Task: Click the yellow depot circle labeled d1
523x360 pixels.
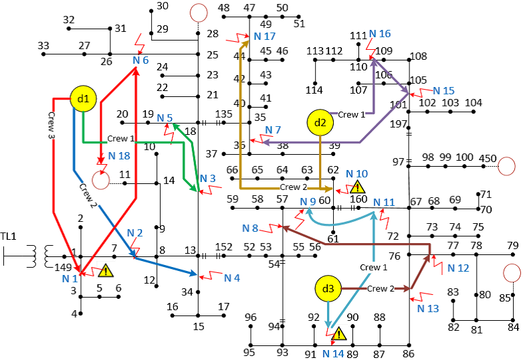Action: coord(83,99)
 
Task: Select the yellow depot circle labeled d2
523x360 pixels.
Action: coord(320,122)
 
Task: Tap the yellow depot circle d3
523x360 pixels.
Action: coord(328,289)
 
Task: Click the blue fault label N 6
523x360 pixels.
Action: coord(140,60)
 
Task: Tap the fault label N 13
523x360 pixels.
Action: coord(428,308)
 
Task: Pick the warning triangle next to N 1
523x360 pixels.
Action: coord(105,270)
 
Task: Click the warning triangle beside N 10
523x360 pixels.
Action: coord(348,187)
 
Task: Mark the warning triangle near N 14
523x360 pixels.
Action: coord(338,334)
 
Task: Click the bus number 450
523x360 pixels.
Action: coord(488,157)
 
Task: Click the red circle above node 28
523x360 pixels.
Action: coord(198,13)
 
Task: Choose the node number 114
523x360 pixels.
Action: coord(314,90)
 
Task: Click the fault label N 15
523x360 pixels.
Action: coord(443,90)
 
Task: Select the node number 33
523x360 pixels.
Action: coord(44,45)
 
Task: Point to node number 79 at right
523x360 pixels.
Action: coord(512,246)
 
